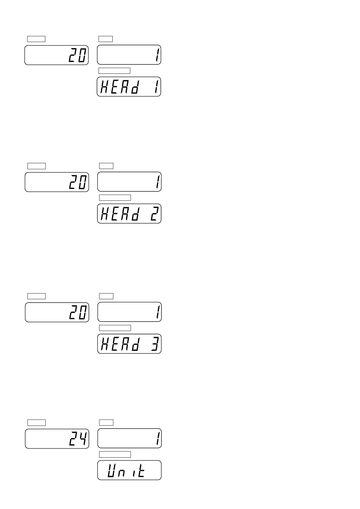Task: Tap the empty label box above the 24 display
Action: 37,423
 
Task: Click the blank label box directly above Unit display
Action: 115,455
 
